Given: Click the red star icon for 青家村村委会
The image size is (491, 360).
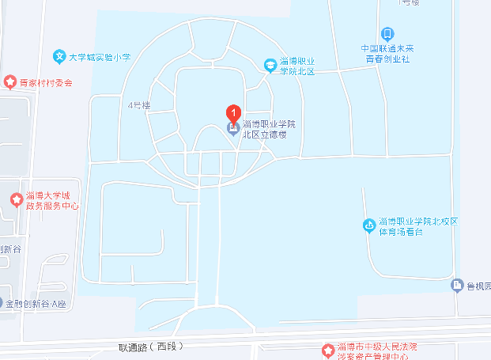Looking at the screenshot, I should (10, 81).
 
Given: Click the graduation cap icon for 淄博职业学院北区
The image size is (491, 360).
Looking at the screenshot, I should (270, 64).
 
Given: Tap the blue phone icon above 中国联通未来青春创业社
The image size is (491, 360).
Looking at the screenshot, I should (387, 33).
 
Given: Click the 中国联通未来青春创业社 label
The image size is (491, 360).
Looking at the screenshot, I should (387, 52).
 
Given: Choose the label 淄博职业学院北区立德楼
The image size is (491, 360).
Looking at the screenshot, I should (269, 130).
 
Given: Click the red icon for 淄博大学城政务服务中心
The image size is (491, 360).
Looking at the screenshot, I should (15, 199).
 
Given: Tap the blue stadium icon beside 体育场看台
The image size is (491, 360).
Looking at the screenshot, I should (368, 225).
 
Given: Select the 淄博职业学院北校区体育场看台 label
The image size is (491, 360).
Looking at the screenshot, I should (418, 225).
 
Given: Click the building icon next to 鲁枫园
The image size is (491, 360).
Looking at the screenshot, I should (457, 285).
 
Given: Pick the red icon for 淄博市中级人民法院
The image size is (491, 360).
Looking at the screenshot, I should (328, 350).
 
